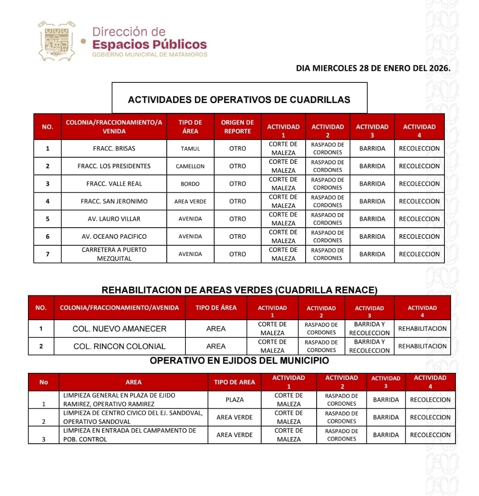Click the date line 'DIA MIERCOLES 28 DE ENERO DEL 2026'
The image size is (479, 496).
coord(373,68)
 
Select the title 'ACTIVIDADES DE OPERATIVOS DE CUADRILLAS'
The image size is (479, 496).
coord(239,100)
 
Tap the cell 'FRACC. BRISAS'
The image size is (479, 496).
coord(114,149)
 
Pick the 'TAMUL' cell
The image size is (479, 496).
coord(190,149)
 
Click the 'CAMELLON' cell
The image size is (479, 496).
coord(190,167)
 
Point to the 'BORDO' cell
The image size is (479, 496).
coord(190,184)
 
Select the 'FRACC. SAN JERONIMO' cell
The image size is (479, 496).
coord(114,201)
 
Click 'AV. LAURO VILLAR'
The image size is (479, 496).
coord(114,219)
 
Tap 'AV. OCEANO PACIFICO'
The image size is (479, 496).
coord(114,236)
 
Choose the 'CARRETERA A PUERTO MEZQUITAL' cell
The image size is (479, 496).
coord(114,254)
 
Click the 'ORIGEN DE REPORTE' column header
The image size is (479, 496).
coord(237,127)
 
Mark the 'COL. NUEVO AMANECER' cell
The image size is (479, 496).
coord(120,329)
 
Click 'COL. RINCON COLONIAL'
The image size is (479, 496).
coord(120,346)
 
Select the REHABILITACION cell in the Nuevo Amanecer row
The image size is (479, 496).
coord(422,329)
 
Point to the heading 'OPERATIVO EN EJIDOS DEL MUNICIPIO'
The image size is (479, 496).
coord(239,361)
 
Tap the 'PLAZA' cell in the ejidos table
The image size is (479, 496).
coord(235,399)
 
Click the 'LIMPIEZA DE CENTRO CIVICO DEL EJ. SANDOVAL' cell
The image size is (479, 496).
coord(133,417)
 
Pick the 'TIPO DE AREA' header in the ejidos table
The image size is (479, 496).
coord(235,382)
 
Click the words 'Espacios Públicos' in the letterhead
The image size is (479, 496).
coord(149,45)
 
